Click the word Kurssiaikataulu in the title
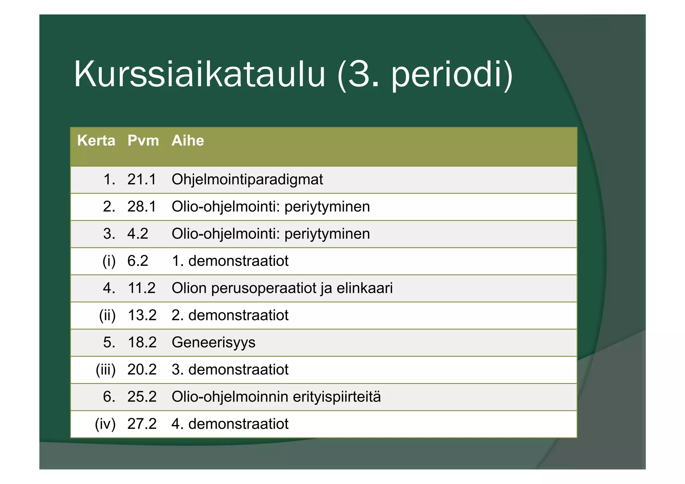click(199, 74)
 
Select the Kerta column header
click(96, 141)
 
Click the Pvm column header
click(143, 141)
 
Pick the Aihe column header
click(188, 141)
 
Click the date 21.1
click(141, 180)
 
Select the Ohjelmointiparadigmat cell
click(247, 180)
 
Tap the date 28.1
click(141, 207)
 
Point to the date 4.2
click(137, 234)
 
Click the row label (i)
click(109, 261)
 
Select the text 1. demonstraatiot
click(230, 261)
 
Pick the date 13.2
click(142, 315)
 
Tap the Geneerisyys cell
click(213, 343)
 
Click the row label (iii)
click(106, 370)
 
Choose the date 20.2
click(142, 370)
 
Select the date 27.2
click(142, 424)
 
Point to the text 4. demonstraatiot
click(230, 424)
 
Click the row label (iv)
click(105, 424)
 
